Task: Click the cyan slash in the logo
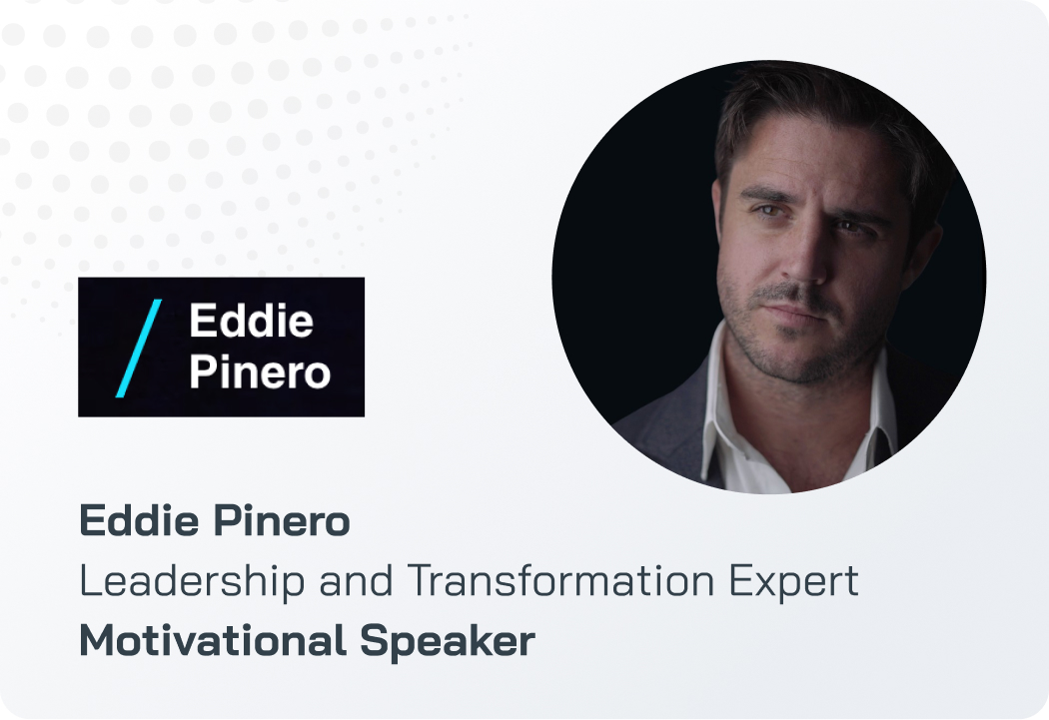coord(139,349)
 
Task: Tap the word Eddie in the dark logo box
coord(252,321)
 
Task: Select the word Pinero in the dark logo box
coord(260,371)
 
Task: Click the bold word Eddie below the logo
coord(139,520)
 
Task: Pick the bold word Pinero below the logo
coord(282,520)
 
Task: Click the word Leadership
coord(192,580)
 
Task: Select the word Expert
coord(793,581)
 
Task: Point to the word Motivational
coord(213,640)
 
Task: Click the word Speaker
coord(448,642)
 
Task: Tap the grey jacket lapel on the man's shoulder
coord(669,427)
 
